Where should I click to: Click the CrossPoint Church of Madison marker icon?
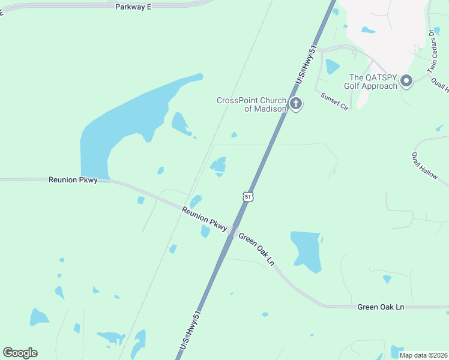pos(295,104)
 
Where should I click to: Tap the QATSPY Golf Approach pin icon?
pos(406,81)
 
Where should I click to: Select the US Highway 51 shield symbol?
pos(249,196)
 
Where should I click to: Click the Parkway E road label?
pos(133,6)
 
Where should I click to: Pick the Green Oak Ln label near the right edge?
pos(381,307)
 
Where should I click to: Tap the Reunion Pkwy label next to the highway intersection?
pos(205,218)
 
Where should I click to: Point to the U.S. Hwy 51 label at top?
pos(306,66)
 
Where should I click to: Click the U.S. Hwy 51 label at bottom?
pos(191,331)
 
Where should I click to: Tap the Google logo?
pos(20,353)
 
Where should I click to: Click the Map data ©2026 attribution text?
pos(424,355)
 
